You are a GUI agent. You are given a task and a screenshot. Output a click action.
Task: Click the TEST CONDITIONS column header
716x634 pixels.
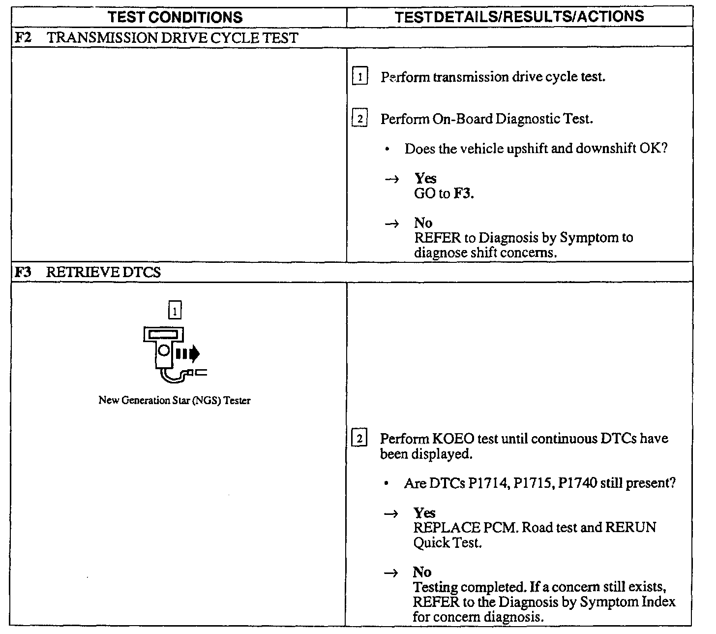click(x=175, y=18)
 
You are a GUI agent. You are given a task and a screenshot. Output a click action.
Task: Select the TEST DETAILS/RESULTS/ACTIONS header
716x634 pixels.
click(x=519, y=17)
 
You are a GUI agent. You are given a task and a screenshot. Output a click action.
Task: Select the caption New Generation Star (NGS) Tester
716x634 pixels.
click(x=175, y=401)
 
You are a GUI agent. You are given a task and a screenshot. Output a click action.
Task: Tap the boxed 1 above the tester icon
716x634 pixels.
click(x=175, y=311)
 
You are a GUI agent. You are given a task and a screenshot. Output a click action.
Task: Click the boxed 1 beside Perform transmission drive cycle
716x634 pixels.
click(x=360, y=77)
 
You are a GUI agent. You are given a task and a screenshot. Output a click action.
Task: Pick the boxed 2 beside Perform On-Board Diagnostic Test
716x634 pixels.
click(x=360, y=119)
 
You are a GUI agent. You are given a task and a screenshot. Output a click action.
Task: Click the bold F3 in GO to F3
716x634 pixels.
click(x=463, y=193)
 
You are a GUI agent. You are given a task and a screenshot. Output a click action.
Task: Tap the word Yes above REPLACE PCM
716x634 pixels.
click(x=424, y=513)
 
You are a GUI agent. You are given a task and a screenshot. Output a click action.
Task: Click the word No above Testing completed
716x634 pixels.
click(x=422, y=572)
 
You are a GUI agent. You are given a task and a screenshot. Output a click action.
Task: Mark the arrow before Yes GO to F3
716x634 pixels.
click(x=392, y=179)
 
